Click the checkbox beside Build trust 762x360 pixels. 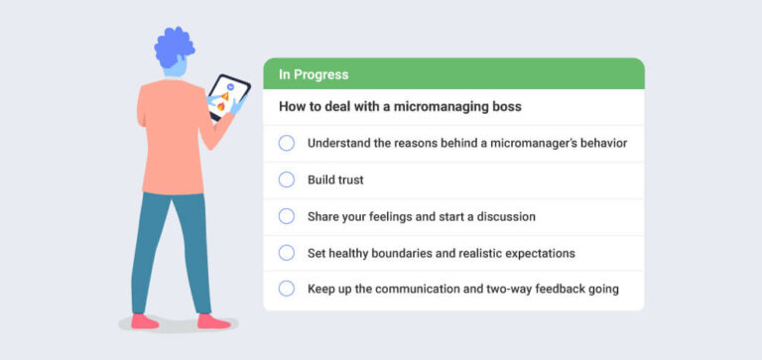[x=287, y=180]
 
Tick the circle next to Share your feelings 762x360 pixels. [x=287, y=216]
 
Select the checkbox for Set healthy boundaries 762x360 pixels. [x=287, y=253]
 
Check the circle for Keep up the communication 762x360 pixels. [x=287, y=289]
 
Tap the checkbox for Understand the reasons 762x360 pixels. [x=287, y=143]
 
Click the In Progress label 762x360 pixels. [x=313, y=74]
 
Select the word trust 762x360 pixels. [x=348, y=180]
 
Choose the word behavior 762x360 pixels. [x=600, y=143]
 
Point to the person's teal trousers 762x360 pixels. [x=176, y=248]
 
